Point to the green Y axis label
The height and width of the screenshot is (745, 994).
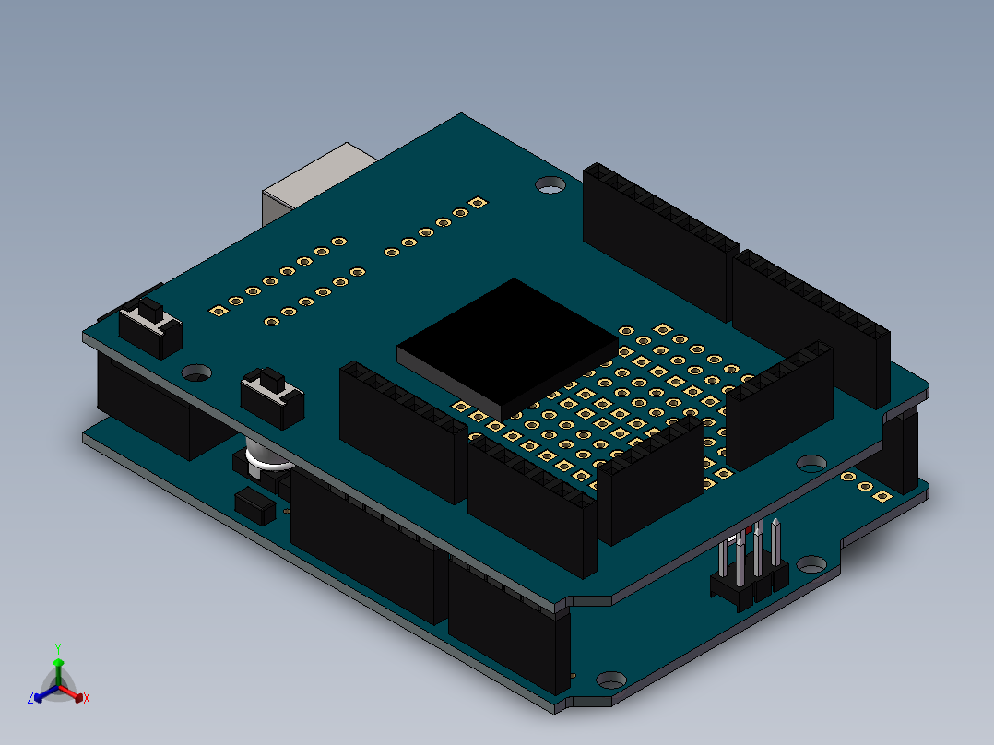point(57,648)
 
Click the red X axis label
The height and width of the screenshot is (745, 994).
point(87,699)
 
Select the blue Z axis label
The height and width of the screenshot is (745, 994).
point(30,699)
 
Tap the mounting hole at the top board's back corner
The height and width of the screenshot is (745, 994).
point(551,187)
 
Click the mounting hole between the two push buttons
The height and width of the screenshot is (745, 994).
point(196,372)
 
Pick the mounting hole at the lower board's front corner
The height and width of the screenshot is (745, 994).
point(611,680)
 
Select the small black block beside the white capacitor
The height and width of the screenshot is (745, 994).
point(255,505)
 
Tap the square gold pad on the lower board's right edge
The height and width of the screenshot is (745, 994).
point(882,495)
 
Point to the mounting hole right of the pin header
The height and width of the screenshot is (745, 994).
point(812,564)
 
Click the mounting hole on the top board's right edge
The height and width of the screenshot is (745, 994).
point(811,461)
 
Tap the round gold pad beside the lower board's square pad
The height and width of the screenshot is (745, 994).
point(864,486)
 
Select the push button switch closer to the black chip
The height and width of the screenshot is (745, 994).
point(271,396)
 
